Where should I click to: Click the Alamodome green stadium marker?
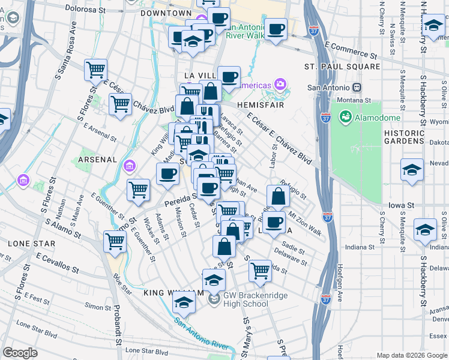[x=346, y=116]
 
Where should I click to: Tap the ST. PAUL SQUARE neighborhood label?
[x=342, y=67]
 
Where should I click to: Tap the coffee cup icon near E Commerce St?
[x=276, y=29]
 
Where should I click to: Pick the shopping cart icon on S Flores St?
[x=96, y=69]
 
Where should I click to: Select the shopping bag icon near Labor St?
[x=278, y=196]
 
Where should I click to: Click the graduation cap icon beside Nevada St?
[x=412, y=170]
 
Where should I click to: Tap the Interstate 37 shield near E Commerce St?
[x=314, y=29]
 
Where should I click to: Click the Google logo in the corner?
[x=20, y=353]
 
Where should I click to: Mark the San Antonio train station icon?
[x=357, y=87]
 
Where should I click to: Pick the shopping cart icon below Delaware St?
[x=260, y=270]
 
